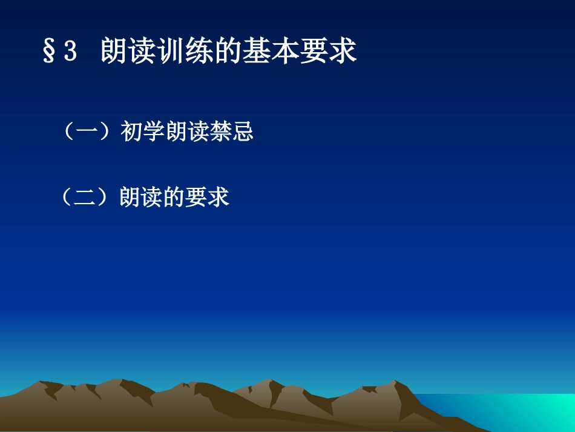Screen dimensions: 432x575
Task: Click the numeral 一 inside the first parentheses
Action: [88, 132]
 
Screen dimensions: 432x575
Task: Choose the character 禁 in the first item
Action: [220, 132]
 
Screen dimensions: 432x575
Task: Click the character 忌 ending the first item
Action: [242, 132]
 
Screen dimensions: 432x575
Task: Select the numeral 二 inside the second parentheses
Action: [85, 198]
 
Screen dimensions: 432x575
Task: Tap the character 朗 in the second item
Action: [130, 198]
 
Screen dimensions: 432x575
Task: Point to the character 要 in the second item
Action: [196, 198]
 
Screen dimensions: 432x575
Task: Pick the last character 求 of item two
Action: [218, 198]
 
